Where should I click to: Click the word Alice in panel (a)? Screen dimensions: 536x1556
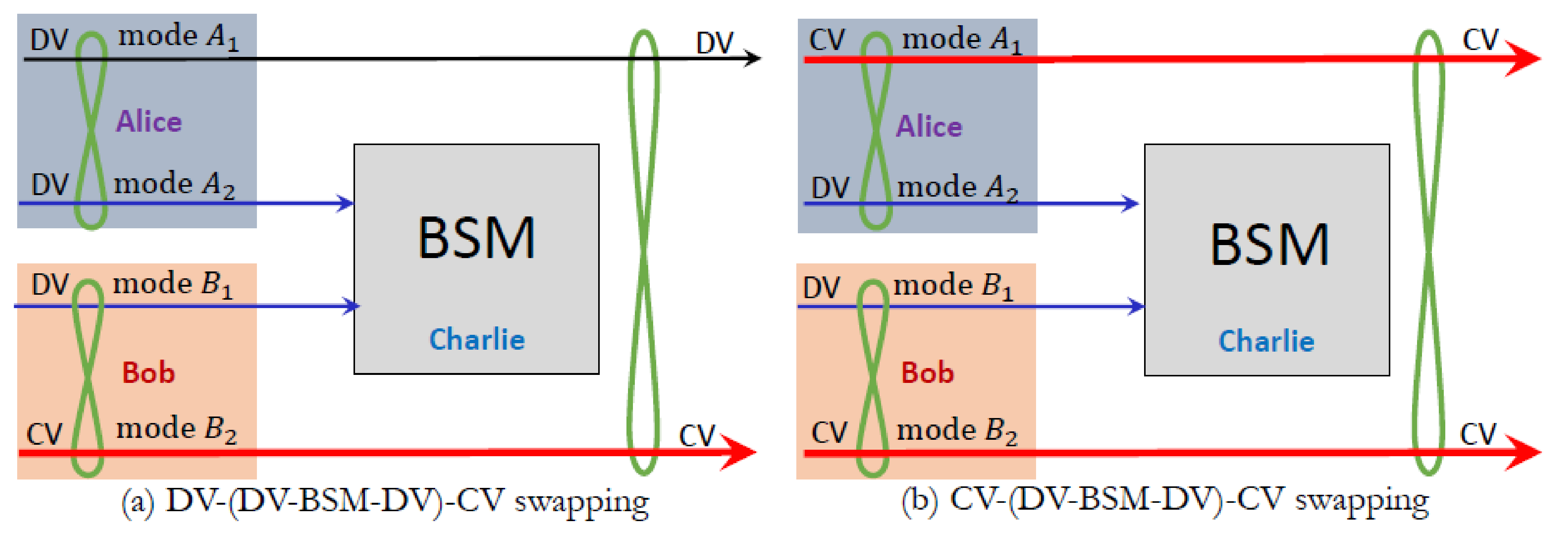click(148, 121)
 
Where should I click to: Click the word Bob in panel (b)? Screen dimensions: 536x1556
click(927, 373)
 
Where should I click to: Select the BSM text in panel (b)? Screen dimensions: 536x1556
click(1269, 245)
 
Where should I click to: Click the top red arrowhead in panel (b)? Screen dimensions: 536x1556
click(1524, 59)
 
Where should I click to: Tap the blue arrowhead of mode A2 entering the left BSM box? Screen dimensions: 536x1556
click(347, 203)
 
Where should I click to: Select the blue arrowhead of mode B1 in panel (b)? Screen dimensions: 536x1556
click(1136, 306)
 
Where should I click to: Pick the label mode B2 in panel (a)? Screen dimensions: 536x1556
click(176, 429)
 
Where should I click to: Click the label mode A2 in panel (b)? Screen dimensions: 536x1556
click(957, 187)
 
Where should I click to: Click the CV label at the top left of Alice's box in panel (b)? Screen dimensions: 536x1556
click(826, 40)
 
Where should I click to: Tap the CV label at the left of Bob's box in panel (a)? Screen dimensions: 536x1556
click(44, 434)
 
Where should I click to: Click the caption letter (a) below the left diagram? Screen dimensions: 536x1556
click(138, 502)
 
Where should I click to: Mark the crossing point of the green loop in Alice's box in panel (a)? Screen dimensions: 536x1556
click(90, 127)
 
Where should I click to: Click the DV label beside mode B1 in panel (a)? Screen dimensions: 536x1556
click(50, 284)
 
